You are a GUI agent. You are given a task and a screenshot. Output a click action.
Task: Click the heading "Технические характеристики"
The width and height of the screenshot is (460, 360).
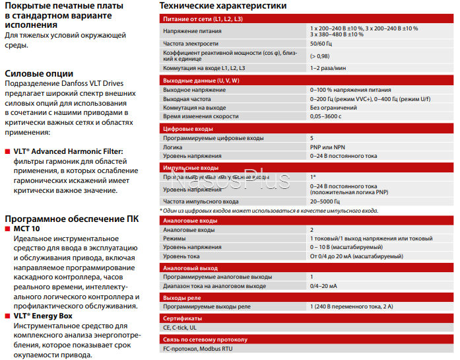[x=223, y=6]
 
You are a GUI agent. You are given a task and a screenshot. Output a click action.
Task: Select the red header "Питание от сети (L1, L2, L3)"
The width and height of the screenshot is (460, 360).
[x=203, y=20]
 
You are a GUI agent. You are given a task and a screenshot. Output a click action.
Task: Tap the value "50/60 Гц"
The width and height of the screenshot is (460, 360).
[x=323, y=44]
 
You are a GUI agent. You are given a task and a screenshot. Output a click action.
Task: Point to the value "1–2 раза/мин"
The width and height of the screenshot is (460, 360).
[x=329, y=68]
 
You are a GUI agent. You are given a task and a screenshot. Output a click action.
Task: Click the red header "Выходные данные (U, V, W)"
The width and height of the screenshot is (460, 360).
[x=201, y=80]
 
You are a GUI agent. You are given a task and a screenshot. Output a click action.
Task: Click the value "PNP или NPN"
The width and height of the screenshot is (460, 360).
[x=328, y=147]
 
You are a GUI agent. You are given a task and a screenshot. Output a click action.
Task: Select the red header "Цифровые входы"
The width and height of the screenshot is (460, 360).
[x=187, y=128]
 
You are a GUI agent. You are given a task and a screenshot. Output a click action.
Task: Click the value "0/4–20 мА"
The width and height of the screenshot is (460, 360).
[x=323, y=286]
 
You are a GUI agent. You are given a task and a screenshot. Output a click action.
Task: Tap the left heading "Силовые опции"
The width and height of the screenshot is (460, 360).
[x=39, y=73]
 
